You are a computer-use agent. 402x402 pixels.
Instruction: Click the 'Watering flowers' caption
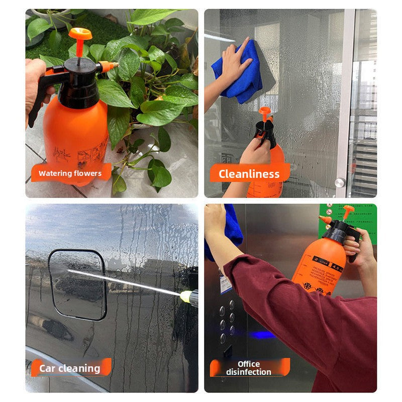point(70,173)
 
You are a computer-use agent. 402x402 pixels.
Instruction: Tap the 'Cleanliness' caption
point(249,174)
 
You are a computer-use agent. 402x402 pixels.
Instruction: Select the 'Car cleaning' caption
point(69,368)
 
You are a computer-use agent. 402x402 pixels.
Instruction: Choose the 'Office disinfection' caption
point(249,368)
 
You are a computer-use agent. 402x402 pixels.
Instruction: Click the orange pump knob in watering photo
point(80,34)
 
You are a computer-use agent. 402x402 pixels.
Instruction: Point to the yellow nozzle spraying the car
point(188,297)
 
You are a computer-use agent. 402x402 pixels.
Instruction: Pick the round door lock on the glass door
point(340,182)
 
